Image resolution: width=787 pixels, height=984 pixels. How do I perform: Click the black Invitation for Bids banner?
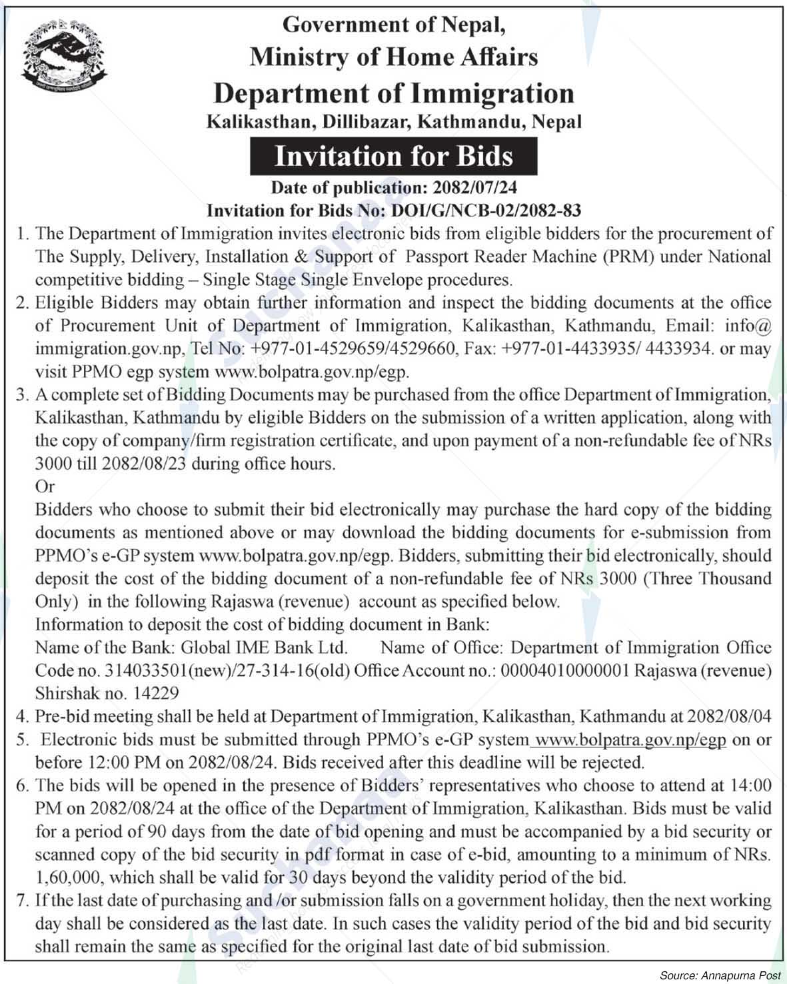coord(394,157)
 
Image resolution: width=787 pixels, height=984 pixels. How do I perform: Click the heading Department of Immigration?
coord(393,93)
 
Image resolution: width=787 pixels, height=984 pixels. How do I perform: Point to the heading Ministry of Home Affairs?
coord(393,57)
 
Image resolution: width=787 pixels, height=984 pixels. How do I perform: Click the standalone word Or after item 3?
coord(45,487)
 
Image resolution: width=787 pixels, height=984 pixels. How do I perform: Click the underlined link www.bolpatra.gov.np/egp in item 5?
coord(631,739)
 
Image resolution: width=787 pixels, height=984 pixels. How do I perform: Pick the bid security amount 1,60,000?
coord(67,877)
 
